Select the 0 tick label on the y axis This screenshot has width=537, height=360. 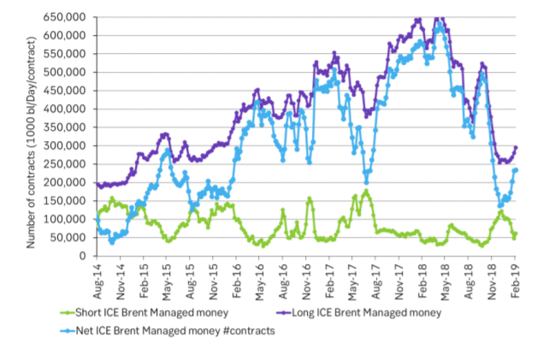point(83,256)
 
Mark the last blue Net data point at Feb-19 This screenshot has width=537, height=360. point(516,169)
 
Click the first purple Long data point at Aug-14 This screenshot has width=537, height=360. point(97,184)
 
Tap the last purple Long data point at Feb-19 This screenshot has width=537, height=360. point(516,147)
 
